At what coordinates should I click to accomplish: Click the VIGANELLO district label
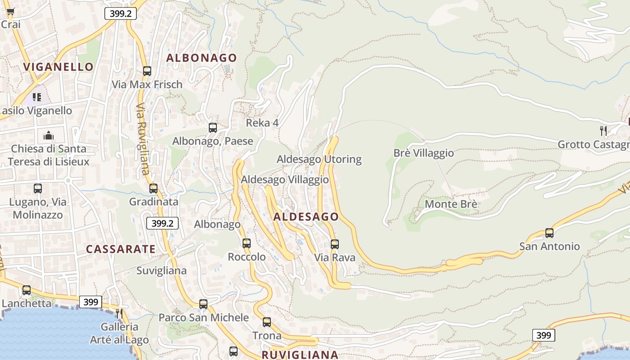tap(58, 67)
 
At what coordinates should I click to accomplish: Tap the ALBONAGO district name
tap(202, 58)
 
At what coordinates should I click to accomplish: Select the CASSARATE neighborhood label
tap(121, 249)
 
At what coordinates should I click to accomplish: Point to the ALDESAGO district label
tap(306, 216)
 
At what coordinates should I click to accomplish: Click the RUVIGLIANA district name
tap(300, 355)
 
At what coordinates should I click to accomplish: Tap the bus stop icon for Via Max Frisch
tap(147, 71)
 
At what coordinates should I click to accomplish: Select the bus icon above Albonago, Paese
tap(213, 128)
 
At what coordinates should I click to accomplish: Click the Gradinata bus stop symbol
tap(153, 189)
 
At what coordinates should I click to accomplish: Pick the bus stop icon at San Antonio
tap(549, 233)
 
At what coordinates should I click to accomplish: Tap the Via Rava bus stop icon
tap(335, 244)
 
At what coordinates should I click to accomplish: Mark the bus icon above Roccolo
tap(247, 243)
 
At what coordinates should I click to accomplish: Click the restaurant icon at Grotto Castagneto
tap(603, 131)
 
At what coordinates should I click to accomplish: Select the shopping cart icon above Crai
tap(10, 12)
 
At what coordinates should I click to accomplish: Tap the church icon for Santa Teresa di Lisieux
tap(49, 135)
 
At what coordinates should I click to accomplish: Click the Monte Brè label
tap(451, 204)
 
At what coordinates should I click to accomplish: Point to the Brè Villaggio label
tap(423, 153)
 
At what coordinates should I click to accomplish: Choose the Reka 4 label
tap(262, 123)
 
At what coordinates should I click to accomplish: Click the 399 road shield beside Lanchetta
tap(90, 302)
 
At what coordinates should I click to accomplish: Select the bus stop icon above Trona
tap(267, 322)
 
